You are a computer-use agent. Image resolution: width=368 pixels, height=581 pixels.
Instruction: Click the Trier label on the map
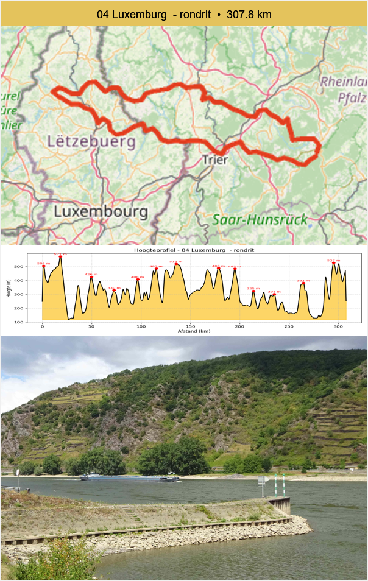[215, 160]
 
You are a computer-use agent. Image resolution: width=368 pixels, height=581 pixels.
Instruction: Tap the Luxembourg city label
[101, 212]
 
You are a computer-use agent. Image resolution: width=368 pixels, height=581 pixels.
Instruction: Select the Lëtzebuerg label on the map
[91, 141]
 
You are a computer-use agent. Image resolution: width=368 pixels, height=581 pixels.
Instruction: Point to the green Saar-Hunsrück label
[260, 220]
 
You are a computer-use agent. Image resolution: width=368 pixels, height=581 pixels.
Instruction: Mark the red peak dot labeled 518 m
[176, 264]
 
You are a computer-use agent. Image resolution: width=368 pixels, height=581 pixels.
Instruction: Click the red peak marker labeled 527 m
[333, 262]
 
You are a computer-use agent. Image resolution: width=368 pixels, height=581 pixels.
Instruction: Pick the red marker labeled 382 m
[303, 283]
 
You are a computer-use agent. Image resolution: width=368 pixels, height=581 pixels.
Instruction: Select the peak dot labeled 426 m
[91, 277]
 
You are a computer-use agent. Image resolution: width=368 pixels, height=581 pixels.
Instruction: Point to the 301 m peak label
[274, 292]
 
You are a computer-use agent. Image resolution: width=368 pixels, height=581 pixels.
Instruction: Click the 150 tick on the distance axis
[190, 326]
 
